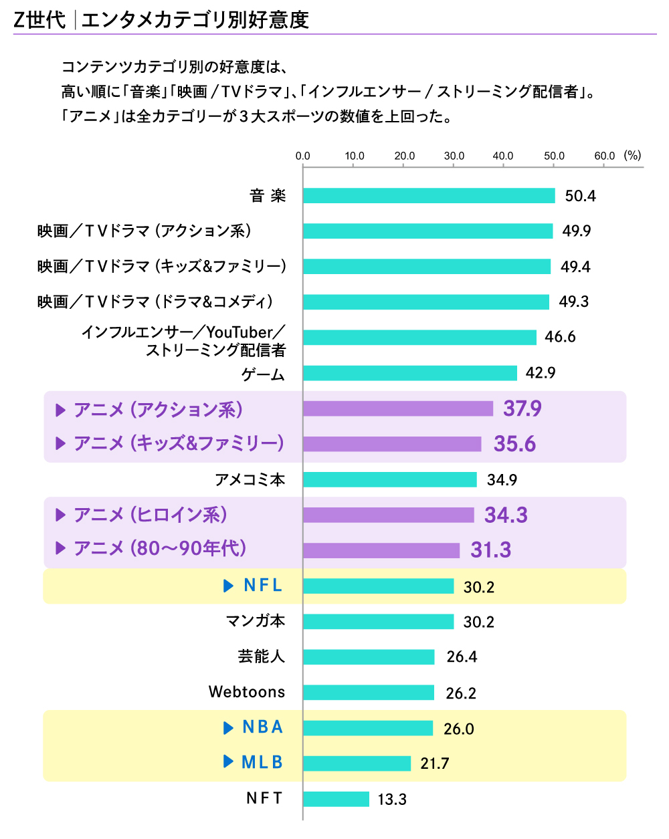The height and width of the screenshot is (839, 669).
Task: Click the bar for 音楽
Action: coord(429,196)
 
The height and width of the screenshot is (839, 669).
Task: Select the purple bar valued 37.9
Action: coord(398,408)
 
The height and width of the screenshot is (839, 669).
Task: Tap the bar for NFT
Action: coord(336,799)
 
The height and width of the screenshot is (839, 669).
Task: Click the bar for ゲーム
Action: coord(410,373)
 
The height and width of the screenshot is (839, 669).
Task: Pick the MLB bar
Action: coord(357,763)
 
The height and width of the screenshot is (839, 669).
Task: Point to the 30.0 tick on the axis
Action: coord(454,156)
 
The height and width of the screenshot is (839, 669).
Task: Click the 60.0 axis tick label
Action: coord(604,156)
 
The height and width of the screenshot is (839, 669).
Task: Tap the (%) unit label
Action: coord(632,155)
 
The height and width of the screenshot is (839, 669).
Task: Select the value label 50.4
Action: coord(580,196)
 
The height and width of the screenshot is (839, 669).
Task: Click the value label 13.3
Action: coord(392,800)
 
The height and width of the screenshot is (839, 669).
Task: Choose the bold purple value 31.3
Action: coord(490,550)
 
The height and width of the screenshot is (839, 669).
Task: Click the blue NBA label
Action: coord(262,727)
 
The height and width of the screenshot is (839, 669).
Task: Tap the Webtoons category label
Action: coord(247,692)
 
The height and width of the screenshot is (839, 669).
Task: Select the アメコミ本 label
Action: coord(250,479)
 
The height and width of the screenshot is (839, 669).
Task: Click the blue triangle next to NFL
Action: coord(228,586)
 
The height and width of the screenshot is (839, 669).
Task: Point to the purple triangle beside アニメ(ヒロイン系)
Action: coord(61,515)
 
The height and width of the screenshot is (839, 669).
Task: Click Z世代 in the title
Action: coord(39,20)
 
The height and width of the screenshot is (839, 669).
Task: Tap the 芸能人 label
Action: coord(262,656)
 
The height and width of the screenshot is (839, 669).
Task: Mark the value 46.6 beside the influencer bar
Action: coord(560,337)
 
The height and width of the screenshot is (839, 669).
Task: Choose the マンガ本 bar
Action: coord(378,622)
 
